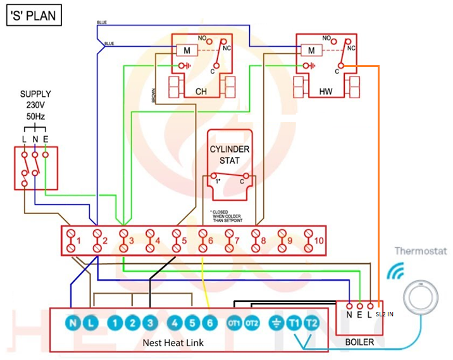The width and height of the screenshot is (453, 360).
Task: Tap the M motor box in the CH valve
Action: click(187, 50)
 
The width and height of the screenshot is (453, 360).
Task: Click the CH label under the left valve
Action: click(201, 92)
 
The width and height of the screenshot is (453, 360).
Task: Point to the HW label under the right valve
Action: click(326, 92)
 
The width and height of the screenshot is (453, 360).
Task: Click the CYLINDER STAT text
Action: click(230, 155)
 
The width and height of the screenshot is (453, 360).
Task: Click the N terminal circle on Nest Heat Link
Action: click(73, 323)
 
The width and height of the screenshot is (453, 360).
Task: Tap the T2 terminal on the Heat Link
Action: click(311, 323)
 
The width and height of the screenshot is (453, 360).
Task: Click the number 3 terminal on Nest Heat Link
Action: click(149, 323)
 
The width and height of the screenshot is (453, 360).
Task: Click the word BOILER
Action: click(359, 342)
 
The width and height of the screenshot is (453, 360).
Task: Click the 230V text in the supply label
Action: click(36, 104)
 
